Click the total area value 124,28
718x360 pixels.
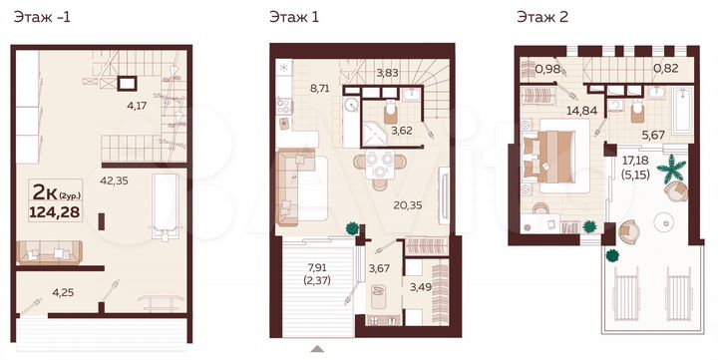pyautogui.click(x=59, y=206)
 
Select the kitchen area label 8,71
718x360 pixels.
pyautogui.click(x=320, y=88)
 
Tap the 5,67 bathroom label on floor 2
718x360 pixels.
pyautogui.click(x=654, y=135)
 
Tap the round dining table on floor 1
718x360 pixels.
pyautogui.click(x=380, y=167)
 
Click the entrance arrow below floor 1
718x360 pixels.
pyautogui.click(x=319, y=349)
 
